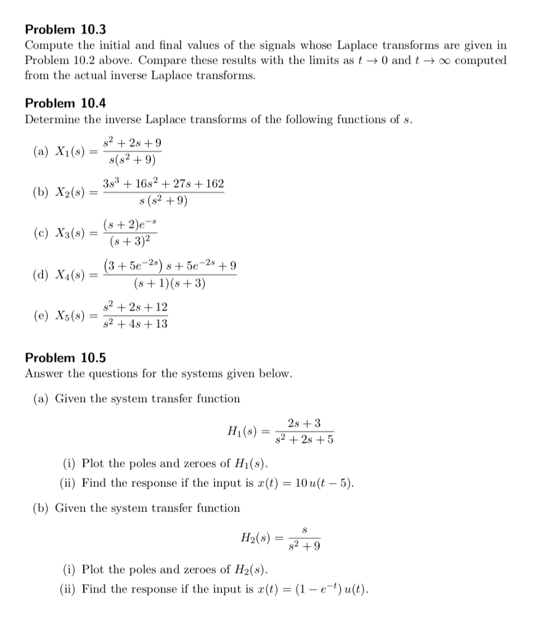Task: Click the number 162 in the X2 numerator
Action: click(x=214, y=184)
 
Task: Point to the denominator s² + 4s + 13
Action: click(x=135, y=324)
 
